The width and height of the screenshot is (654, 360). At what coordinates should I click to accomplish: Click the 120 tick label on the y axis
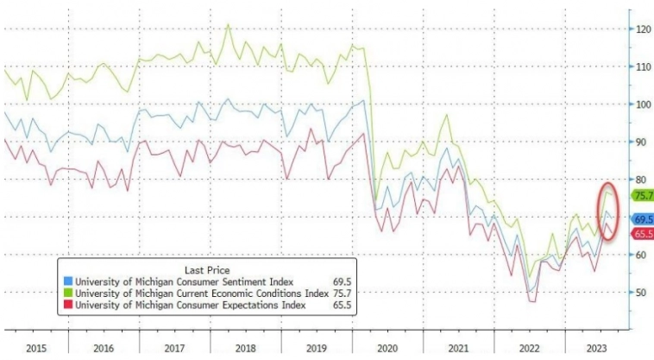tap(643, 28)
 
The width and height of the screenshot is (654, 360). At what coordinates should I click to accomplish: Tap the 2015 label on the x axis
tap(35, 347)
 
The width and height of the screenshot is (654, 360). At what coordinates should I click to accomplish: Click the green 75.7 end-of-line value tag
tap(643, 195)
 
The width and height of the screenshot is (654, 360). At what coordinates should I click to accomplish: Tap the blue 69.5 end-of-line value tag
tap(643, 218)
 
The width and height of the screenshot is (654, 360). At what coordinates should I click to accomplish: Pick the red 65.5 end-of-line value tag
tap(643, 234)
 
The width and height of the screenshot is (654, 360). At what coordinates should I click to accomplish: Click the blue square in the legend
tap(68, 281)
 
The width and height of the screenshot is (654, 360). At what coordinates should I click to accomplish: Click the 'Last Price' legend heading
tap(206, 268)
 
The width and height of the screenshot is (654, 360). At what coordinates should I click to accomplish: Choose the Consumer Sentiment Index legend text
tap(184, 281)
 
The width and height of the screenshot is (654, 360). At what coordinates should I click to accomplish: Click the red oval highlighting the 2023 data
tap(607, 212)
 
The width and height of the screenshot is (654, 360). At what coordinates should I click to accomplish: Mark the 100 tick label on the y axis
tap(643, 104)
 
